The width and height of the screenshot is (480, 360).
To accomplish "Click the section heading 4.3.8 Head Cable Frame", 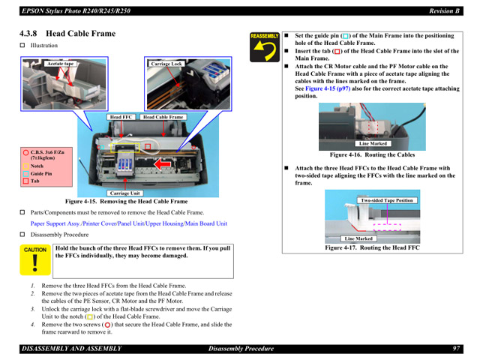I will coord(67,34).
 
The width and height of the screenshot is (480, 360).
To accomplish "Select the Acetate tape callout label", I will coord(61,64).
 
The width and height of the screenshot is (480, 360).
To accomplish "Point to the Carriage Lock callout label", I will coord(166,64).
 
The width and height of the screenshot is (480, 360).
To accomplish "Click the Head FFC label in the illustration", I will coord(121,117).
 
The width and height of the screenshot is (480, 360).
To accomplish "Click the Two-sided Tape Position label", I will coord(386,200).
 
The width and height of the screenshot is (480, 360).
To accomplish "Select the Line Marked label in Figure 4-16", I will coord(373,143).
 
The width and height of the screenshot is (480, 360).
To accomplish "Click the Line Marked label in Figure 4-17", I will coord(358,238).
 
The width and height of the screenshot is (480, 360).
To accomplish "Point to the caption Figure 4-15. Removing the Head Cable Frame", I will coord(126,202).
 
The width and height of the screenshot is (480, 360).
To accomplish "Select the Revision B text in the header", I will coord(443,10).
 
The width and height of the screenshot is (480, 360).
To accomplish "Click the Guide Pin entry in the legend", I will coord(41,173).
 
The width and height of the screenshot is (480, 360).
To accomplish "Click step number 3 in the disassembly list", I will coord(33,309).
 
